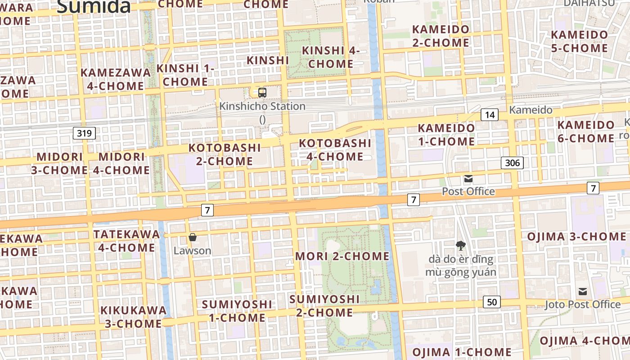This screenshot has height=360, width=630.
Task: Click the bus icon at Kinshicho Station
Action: tap(262, 93)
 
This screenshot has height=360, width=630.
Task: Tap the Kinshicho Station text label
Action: tap(262, 107)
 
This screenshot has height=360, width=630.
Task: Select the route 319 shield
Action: tap(84, 133)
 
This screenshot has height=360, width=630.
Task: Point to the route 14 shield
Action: tap(490, 115)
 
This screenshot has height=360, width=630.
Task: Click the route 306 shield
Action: tap(513, 163)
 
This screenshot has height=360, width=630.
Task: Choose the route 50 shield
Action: tap(492, 302)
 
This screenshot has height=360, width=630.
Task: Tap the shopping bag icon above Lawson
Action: tap(193, 237)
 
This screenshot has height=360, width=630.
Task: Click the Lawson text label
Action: tap(192, 251)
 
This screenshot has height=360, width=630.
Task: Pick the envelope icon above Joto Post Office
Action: tap(583, 291)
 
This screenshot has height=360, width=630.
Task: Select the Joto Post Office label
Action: tap(582, 305)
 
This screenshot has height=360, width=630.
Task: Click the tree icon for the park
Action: tap(460, 245)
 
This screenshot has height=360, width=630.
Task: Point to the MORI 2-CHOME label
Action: tap(342, 256)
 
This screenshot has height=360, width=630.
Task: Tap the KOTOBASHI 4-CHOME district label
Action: tap(335, 150)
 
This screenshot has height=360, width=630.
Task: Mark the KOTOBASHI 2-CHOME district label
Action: tap(225, 154)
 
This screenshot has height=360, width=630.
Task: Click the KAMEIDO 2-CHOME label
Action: tap(441, 36)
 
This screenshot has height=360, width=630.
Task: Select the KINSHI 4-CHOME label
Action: tap(331, 57)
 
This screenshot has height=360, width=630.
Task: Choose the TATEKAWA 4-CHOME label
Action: tap(126, 241)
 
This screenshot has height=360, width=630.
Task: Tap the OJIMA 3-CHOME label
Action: tap(576, 237)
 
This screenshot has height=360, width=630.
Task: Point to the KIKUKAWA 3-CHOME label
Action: tap(133, 317)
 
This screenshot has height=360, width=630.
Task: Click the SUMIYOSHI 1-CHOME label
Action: tap(237, 311)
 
